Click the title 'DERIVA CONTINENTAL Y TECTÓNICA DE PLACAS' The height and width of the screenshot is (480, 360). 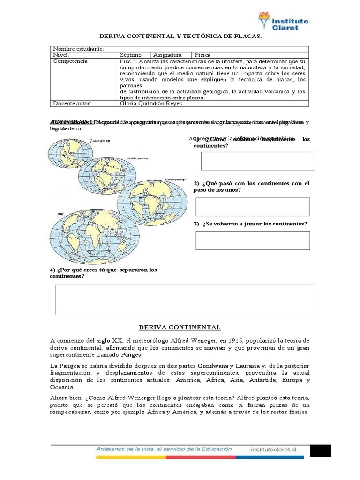(180, 36)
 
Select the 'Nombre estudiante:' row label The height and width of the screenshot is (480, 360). (78, 49)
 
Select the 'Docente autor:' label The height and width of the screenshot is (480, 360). (72, 104)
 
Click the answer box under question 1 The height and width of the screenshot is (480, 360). (258, 161)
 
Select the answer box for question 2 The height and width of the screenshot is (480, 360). (253, 207)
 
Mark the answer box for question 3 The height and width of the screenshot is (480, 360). (253, 240)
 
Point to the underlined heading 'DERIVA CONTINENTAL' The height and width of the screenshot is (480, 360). (180, 327)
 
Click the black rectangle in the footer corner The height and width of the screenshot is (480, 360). (321, 450)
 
